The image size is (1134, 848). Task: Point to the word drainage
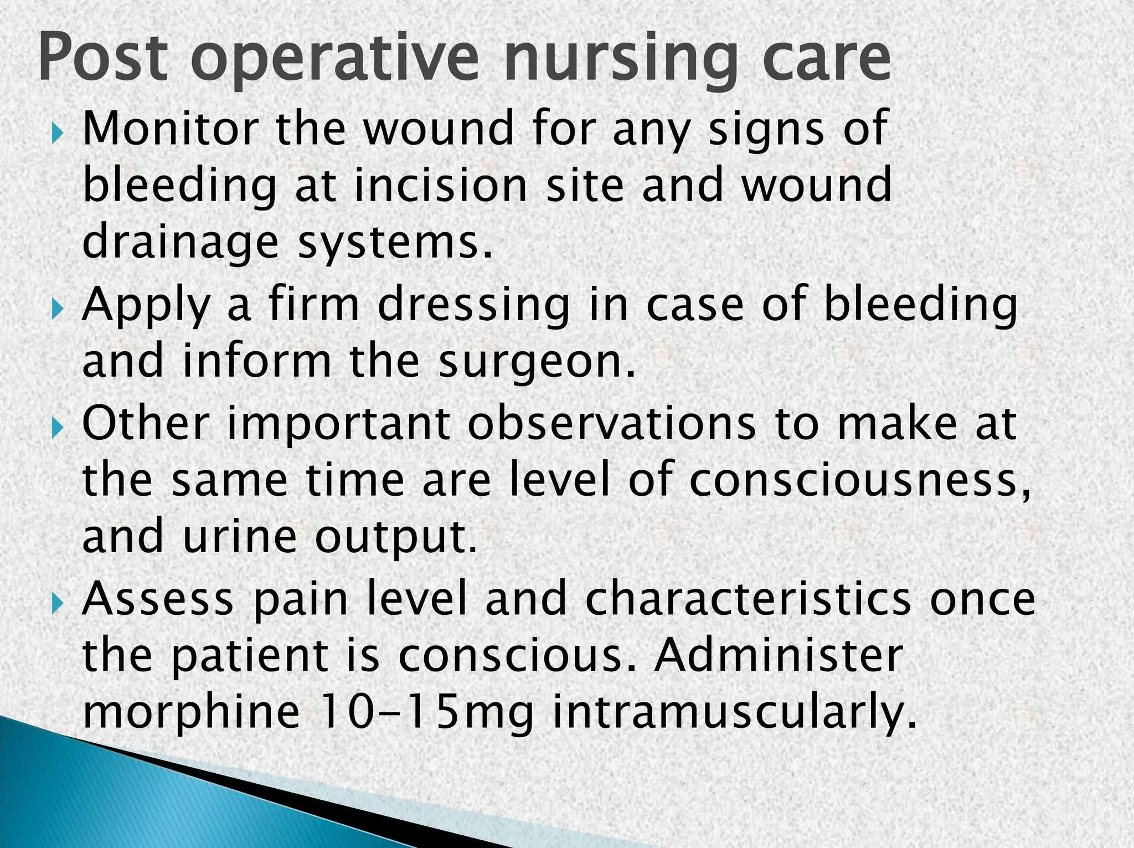[181, 244]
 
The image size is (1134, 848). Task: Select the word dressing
[474, 306]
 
